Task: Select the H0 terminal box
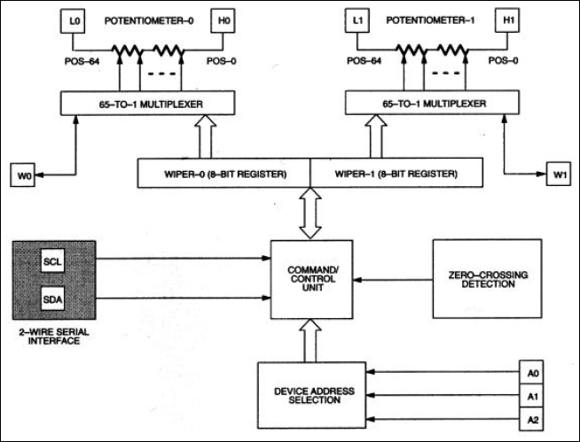(220, 20)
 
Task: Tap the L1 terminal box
(358, 20)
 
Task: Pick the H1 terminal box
(505, 20)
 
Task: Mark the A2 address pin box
(530, 418)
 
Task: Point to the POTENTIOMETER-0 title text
(147, 19)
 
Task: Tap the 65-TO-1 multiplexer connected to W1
(432, 103)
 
